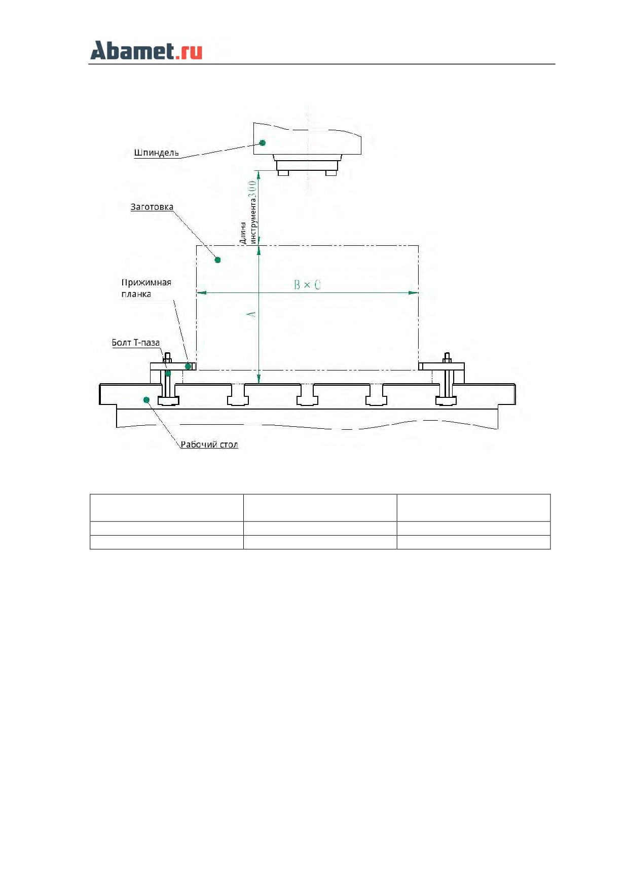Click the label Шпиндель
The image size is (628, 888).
point(156,153)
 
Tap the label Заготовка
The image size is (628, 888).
point(152,207)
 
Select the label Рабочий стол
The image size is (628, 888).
point(209,445)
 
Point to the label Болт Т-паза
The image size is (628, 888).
point(136,343)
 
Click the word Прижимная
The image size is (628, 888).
point(146,283)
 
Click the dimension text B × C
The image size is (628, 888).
point(307,285)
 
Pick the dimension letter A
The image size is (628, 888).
point(251,314)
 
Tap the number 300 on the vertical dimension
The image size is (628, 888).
point(252,190)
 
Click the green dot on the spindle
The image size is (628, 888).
point(263,143)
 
